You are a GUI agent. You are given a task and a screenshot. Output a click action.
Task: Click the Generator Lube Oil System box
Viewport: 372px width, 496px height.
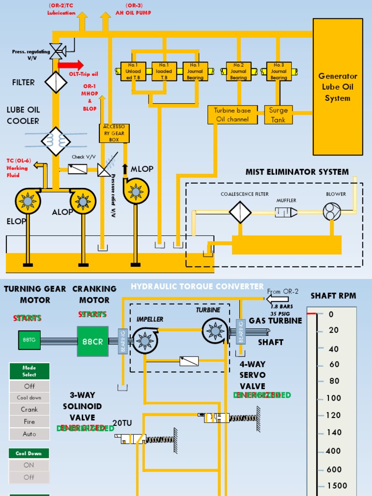pos(338,87)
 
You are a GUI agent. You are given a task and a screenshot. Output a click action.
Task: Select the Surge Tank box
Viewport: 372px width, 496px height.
pos(279,115)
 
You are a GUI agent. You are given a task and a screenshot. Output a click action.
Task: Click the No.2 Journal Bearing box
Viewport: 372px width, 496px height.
pos(238,71)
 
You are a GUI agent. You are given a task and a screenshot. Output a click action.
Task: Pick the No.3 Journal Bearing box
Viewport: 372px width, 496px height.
pos(279,71)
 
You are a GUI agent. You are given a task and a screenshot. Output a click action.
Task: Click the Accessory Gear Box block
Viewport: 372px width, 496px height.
pos(114,133)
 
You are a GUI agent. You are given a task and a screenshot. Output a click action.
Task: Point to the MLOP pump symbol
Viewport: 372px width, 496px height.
pos(136,191)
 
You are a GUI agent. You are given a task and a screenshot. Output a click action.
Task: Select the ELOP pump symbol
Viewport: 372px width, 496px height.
pos(28,201)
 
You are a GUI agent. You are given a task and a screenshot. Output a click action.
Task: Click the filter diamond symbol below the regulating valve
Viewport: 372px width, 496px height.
pos(56,82)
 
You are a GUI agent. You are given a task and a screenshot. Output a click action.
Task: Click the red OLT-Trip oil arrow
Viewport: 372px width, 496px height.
pos(70,65)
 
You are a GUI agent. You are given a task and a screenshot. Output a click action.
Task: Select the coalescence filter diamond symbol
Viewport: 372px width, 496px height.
pos(240,212)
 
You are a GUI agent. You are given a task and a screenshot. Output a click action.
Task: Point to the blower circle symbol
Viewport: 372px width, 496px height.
pos(332,211)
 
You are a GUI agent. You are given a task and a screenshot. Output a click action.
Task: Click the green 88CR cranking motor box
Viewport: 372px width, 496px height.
pos(93,341)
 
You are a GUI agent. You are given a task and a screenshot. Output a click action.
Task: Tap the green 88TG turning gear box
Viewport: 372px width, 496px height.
pos(29,340)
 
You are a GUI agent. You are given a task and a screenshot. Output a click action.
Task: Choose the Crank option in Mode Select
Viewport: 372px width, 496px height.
pos(29,409)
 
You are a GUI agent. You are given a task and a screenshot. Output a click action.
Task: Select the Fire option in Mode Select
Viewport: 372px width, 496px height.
pos(29,421)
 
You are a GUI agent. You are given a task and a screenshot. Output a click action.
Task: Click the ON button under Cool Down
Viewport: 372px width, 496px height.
pos(29,465)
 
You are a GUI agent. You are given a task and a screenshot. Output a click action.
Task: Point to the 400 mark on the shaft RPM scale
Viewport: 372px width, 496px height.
pos(332,451)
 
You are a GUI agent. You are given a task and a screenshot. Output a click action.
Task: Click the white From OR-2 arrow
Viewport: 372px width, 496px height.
pos(278,299)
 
